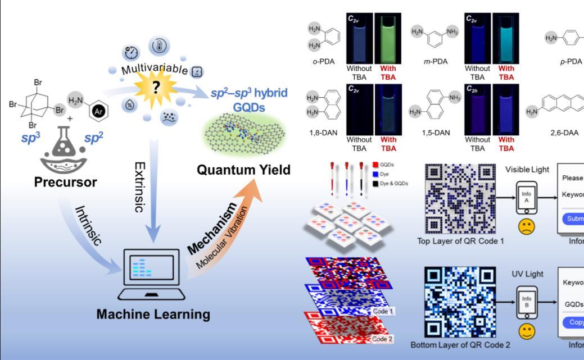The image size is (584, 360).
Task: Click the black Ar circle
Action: click(x=98, y=111)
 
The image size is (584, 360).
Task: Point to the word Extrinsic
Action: click(x=140, y=187)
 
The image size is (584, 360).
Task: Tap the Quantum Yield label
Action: click(x=243, y=170)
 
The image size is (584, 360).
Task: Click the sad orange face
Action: click(x=527, y=226)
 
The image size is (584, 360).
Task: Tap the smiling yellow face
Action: click(x=527, y=331)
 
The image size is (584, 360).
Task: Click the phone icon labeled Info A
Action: click(x=527, y=197)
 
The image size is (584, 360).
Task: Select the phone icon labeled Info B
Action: click(x=527, y=302)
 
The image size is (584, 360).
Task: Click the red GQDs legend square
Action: click(x=375, y=165)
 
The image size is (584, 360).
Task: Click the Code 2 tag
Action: click(x=383, y=339)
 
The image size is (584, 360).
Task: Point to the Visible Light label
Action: click(x=527, y=170)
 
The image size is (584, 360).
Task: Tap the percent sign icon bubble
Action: click(x=130, y=105)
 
